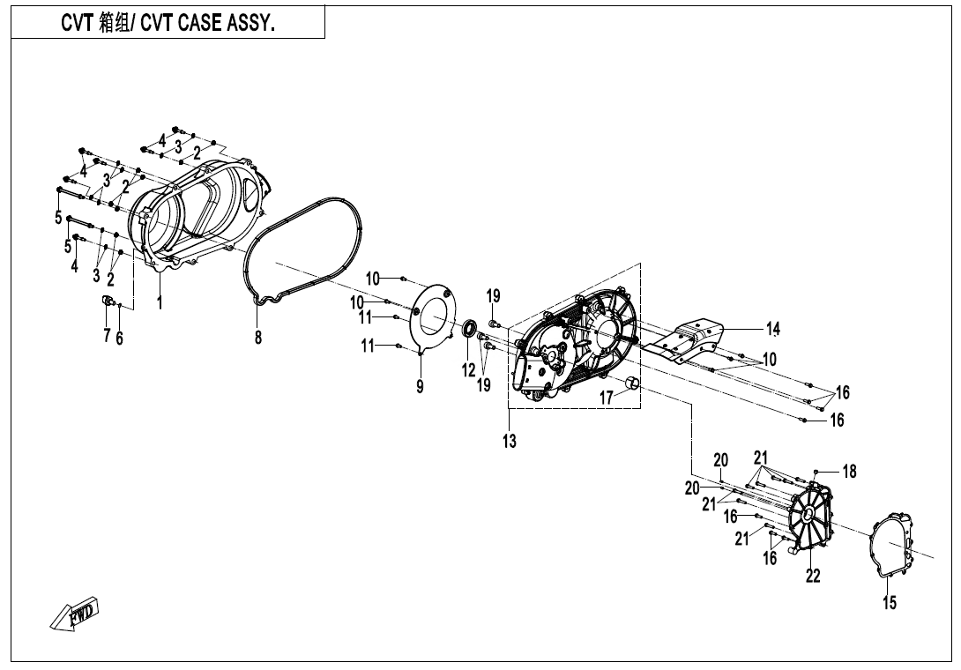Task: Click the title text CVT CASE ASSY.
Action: (168, 24)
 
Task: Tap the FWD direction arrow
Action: (75, 614)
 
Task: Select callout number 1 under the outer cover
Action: (160, 302)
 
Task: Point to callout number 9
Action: (420, 385)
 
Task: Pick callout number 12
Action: (468, 370)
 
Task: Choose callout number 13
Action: (510, 441)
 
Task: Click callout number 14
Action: (772, 329)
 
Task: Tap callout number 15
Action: (890, 603)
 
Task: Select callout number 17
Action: (607, 398)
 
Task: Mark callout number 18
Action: (848, 472)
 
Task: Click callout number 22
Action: (813, 576)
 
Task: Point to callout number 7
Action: (107, 335)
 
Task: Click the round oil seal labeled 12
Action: (468, 331)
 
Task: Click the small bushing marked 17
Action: (632, 383)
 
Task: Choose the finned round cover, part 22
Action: (810, 520)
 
